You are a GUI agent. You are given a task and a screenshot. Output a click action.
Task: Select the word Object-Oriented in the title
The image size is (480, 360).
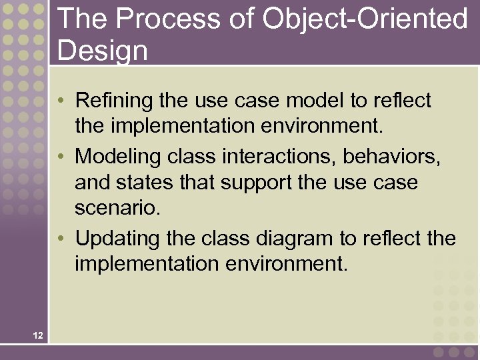365,19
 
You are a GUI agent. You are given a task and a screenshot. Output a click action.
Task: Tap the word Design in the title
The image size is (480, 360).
103,50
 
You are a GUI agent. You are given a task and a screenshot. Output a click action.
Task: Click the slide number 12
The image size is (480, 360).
37,335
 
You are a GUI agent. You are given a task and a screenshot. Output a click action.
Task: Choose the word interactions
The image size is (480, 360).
281,157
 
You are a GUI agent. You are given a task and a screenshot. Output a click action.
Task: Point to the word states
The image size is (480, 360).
146,182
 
